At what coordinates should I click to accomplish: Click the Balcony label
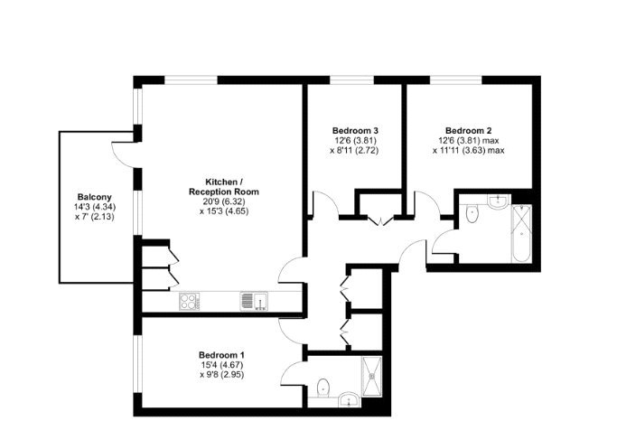[94, 197]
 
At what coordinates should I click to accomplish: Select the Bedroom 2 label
[467, 130]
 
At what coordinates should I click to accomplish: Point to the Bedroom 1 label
[221, 354]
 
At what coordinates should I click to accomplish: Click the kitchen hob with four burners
[191, 302]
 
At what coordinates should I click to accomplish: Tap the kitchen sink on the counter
[252, 301]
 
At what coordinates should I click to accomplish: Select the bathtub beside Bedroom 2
[522, 233]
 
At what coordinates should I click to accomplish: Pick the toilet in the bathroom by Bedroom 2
[472, 215]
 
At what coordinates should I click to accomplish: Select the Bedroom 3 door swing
[325, 204]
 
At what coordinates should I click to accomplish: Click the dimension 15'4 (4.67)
[221, 364]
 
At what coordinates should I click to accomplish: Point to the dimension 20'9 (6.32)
[223, 201]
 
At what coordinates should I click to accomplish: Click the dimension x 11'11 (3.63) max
[471, 150]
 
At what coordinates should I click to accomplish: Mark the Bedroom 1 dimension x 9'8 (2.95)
[221, 374]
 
